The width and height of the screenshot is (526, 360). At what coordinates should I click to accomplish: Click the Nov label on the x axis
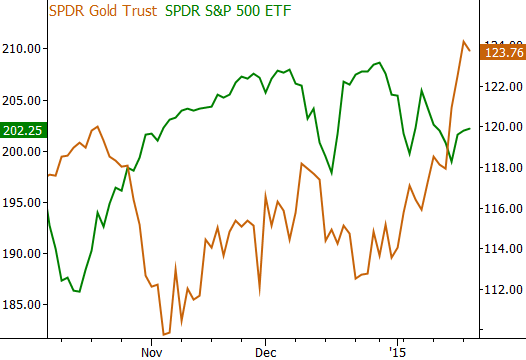click(151, 353)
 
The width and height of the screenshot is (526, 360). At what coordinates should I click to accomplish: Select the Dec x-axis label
click(265, 353)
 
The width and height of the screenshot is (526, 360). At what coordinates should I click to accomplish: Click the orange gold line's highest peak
click(464, 41)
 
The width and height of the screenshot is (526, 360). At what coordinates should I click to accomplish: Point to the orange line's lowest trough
click(164, 334)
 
